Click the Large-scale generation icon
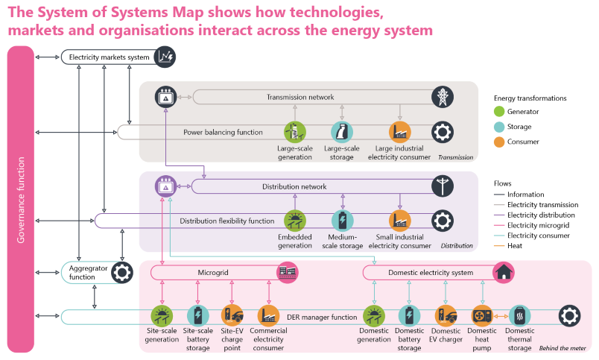tap(296, 133)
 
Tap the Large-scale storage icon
tap(341, 133)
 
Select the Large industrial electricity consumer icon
tap(399, 133)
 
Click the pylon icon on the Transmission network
tap(443, 97)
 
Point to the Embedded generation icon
tap(296, 221)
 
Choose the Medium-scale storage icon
tap(341, 221)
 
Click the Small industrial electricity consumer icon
tap(399, 221)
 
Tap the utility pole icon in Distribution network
tap(443, 186)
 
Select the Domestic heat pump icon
tap(481, 315)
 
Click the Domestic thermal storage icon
tap(519, 315)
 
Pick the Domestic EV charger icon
tap(446, 315)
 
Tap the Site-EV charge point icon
tap(232, 315)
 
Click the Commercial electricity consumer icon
tap(267, 315)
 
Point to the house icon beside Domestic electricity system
tap(504, 271)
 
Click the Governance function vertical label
tap(21, 199)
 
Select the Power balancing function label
tap(223, 133)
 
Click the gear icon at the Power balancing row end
tap(442, 133)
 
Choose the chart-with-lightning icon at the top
tap(165, 56)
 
